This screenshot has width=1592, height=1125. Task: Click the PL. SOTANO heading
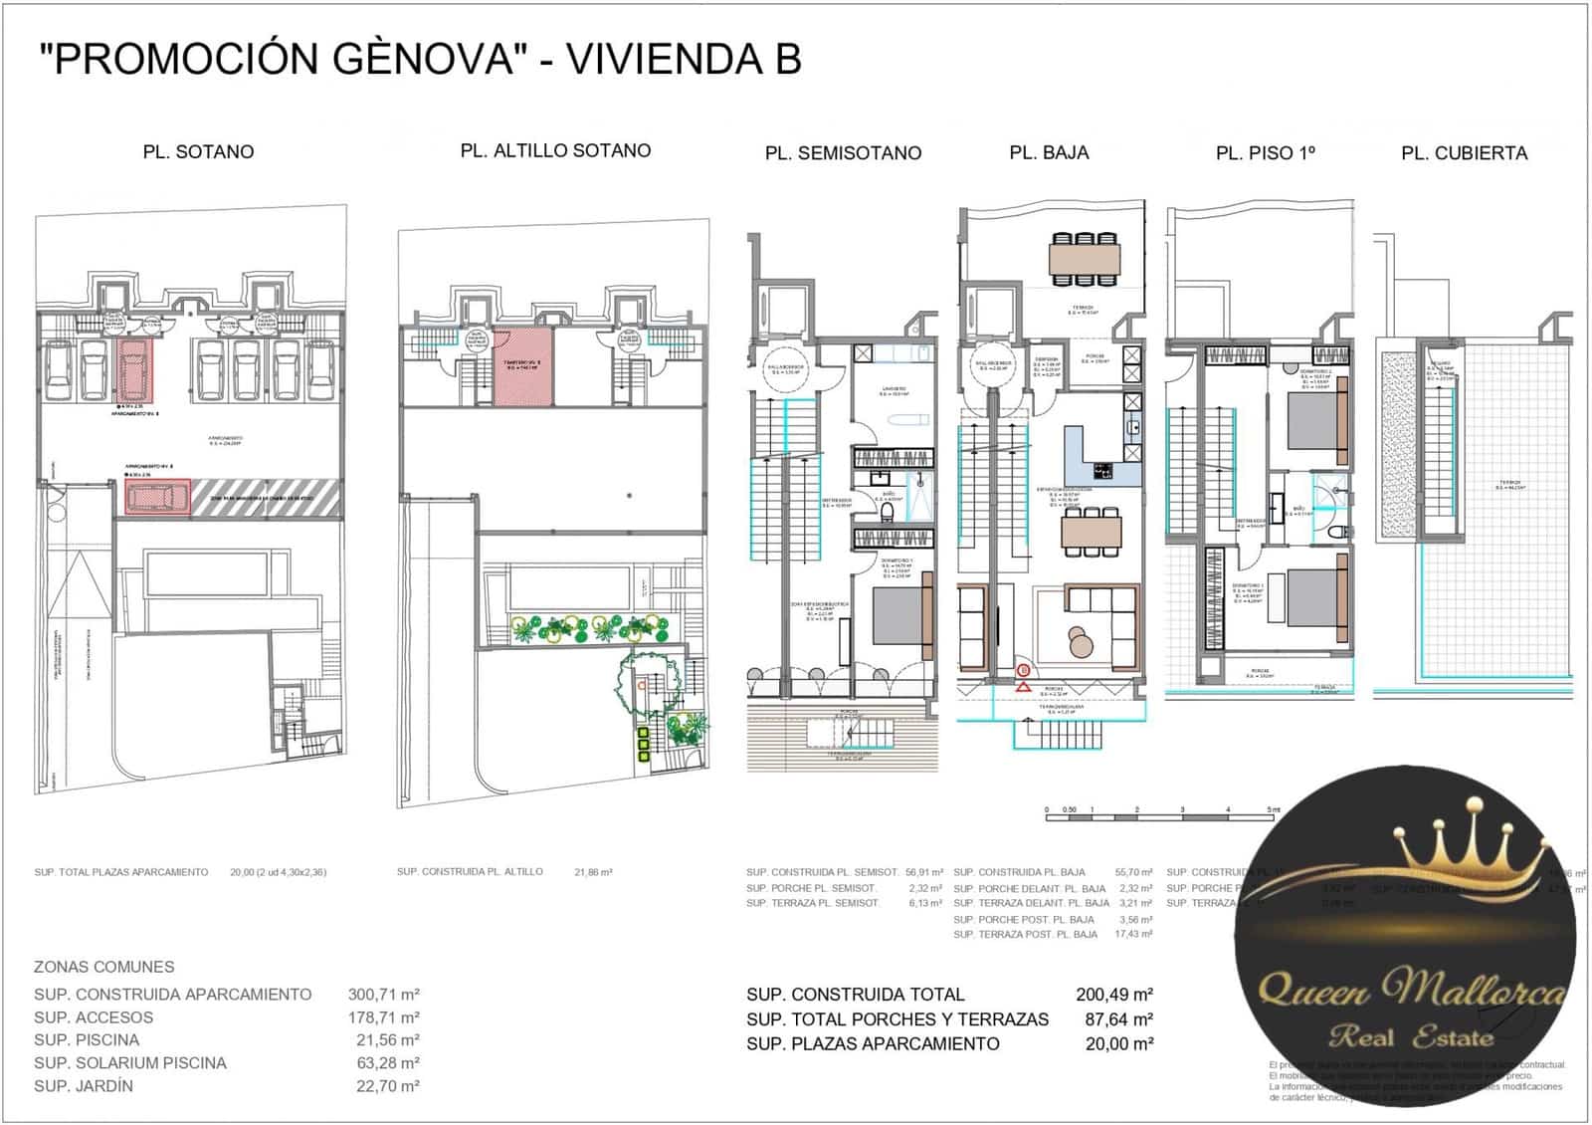coord(198,152)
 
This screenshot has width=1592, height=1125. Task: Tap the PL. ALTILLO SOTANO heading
coord(555,150)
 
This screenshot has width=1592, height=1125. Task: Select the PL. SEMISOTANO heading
coord(843,153)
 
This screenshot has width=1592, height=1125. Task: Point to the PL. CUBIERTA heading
coord(1464,153)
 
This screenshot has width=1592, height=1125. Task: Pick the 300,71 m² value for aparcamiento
coord(383,995)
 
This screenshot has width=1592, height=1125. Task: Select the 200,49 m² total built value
coord(1113,995)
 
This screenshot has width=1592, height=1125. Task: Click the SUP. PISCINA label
coord(87,1040)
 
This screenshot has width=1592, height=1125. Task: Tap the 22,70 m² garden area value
coord(387,1086)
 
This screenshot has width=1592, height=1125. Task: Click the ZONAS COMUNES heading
coord(103,967)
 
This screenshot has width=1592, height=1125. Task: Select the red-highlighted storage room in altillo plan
coord(522,367)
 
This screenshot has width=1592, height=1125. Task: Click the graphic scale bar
coord(1159,812)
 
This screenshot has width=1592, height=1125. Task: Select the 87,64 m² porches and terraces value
coord(1118,1019)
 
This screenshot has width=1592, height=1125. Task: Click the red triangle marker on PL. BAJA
coord(1022,687)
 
